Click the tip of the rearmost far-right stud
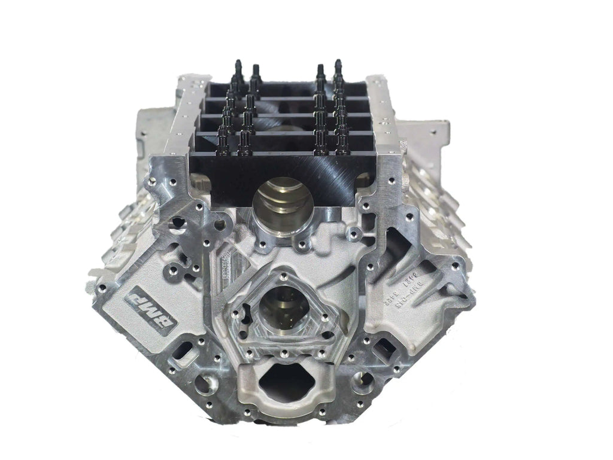click(338, 63)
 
